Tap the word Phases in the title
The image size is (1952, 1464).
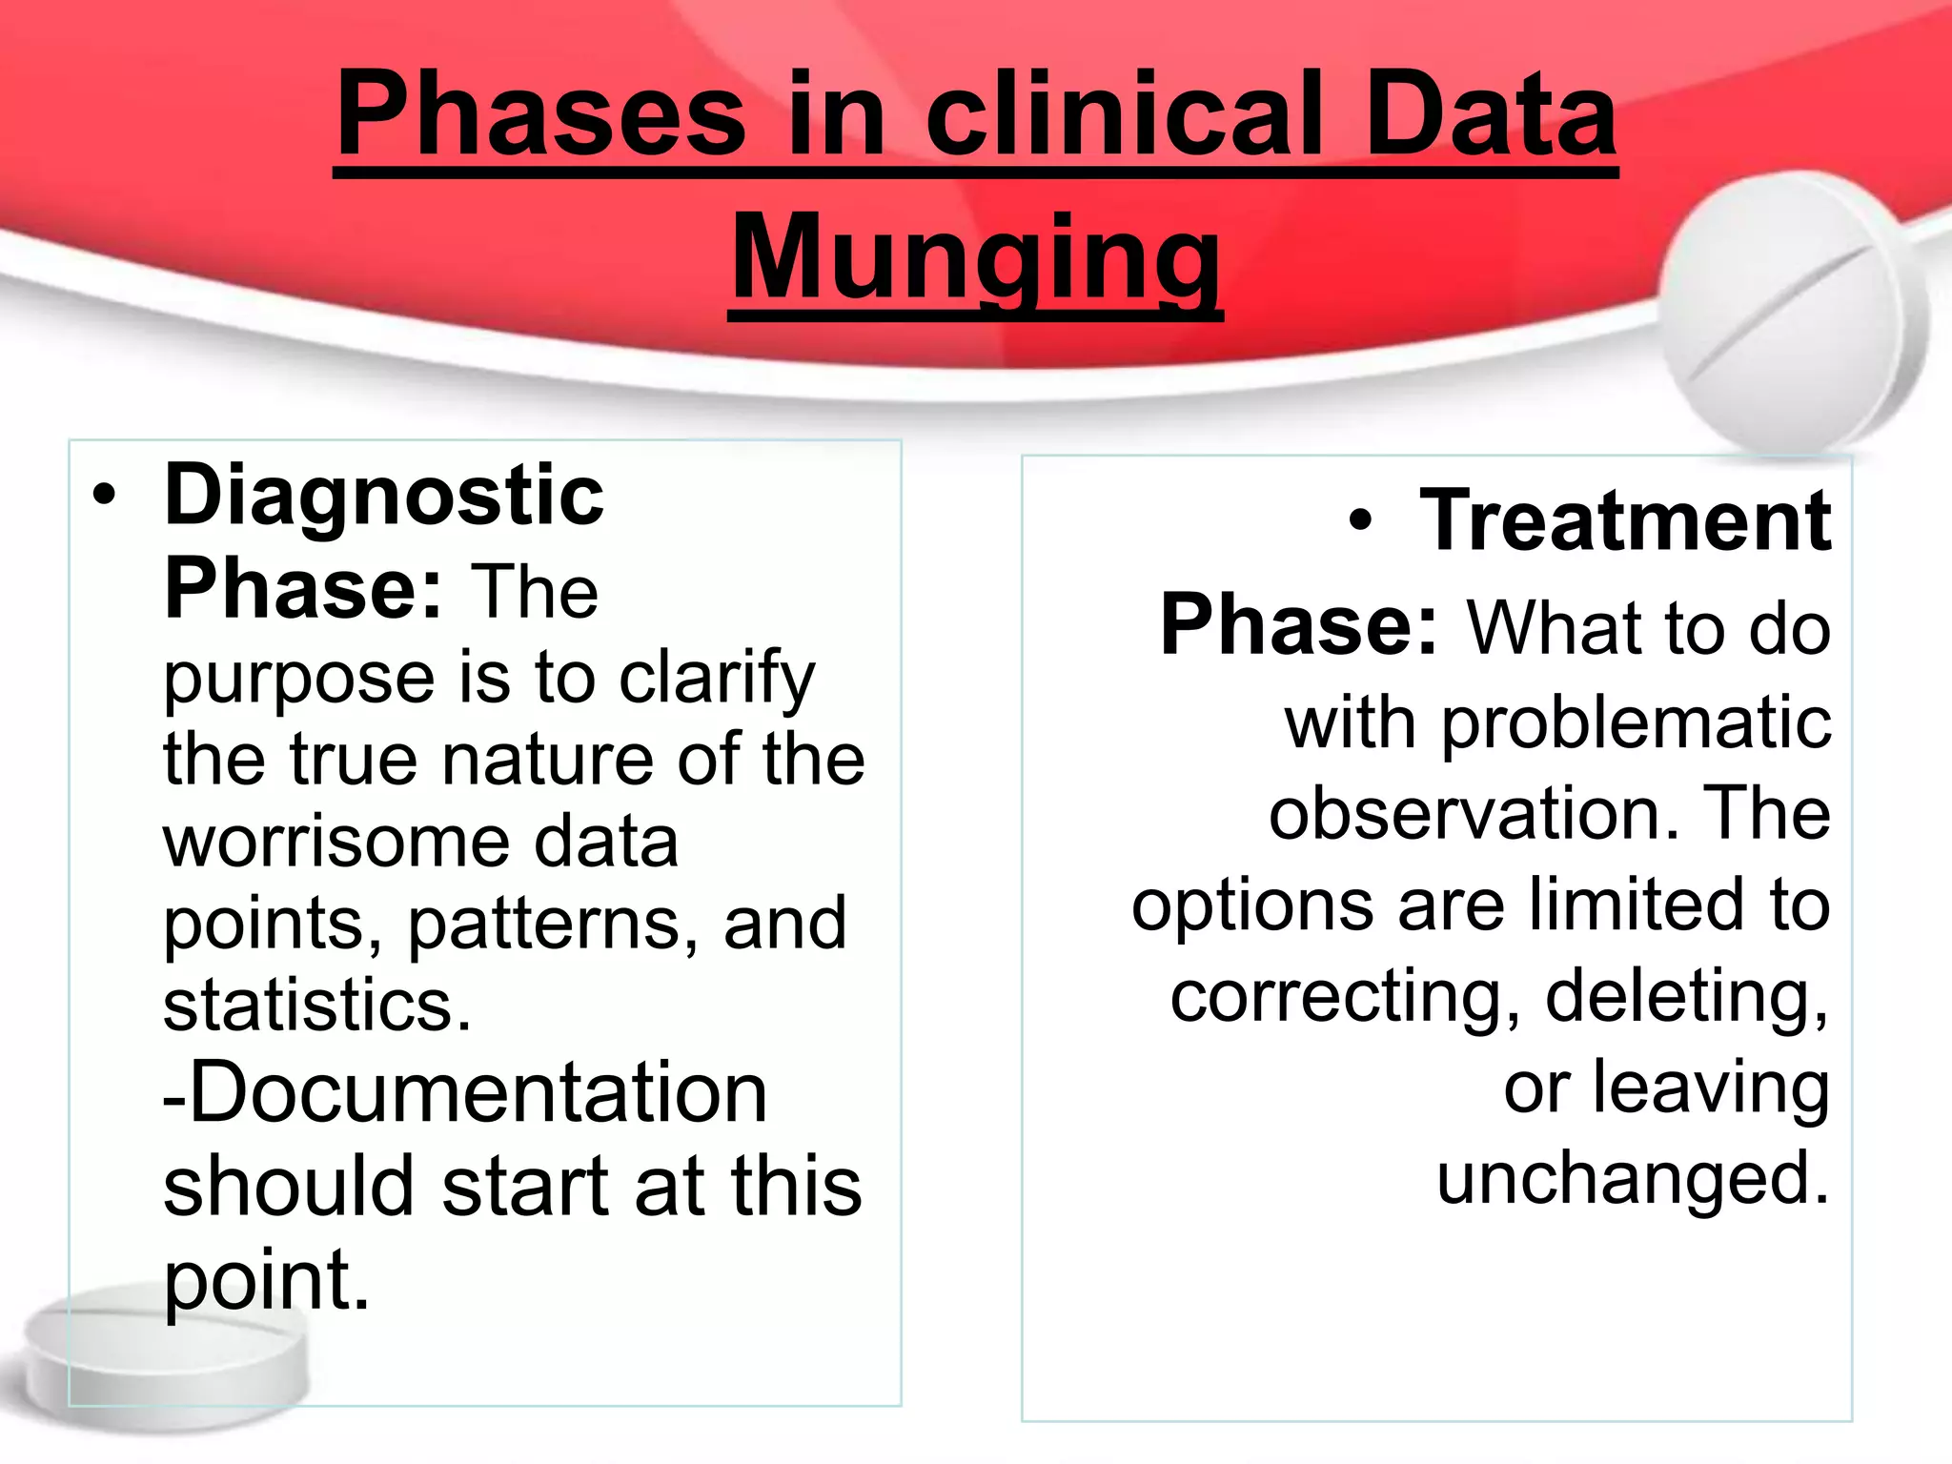tap(541, 116)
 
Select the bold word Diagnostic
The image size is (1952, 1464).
tap(384, 496)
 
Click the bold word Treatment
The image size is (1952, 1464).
tap(1624, 521)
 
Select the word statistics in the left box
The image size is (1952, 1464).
tap(316, 1006)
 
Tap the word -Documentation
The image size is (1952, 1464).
tap(465, 1093)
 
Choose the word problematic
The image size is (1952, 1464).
tap(1635, 724)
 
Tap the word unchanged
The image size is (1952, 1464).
tap(1633, 1179)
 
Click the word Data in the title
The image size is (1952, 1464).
tap(1491, 116)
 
